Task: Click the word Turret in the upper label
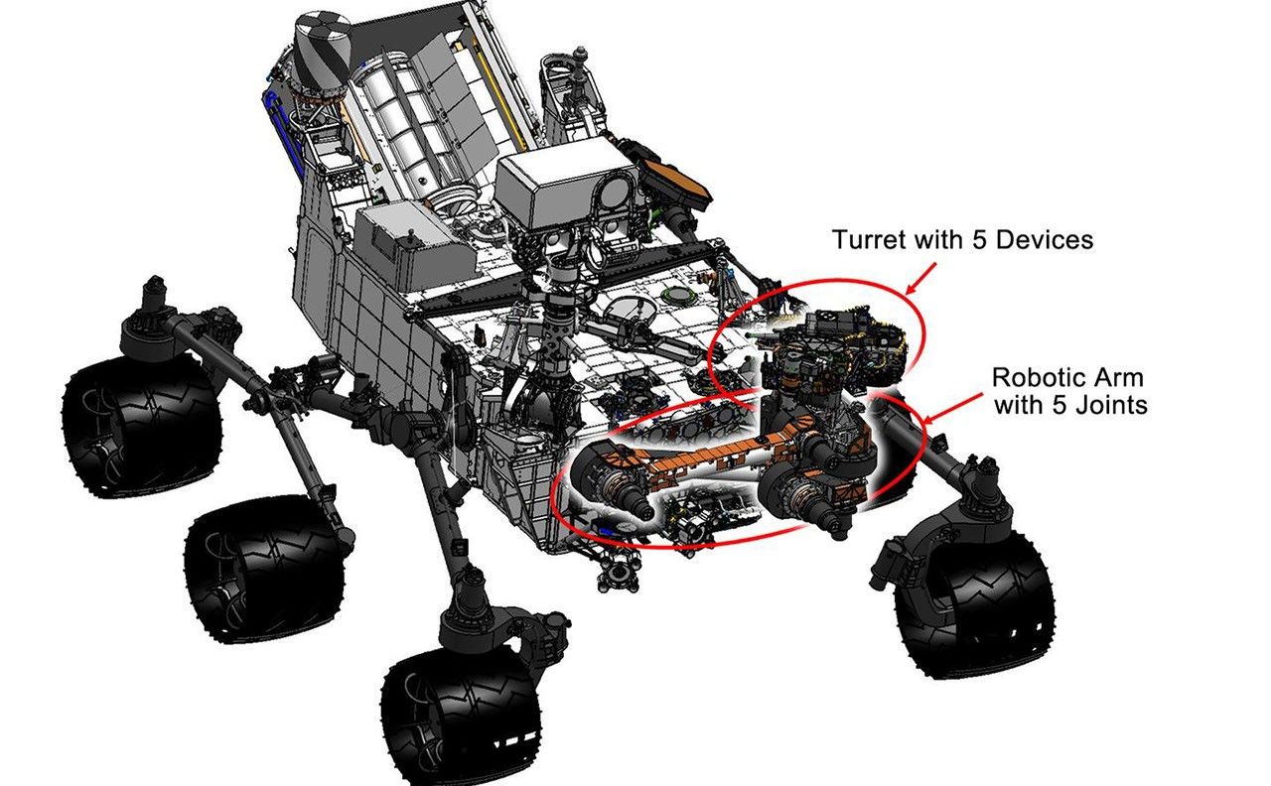click(x=865, y=240)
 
